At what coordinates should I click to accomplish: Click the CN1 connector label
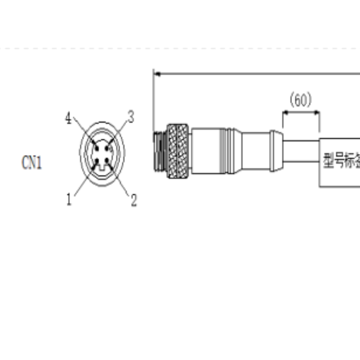pos(31,163)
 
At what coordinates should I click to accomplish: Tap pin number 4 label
pos(68,119)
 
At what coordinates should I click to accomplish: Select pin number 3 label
pos(131,117)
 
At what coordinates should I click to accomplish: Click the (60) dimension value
pos(301,100)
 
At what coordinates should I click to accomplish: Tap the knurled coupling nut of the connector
pos(178,151)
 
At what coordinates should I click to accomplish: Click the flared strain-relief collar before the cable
pos(276,151)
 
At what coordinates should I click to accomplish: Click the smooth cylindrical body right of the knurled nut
pos(209,151)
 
